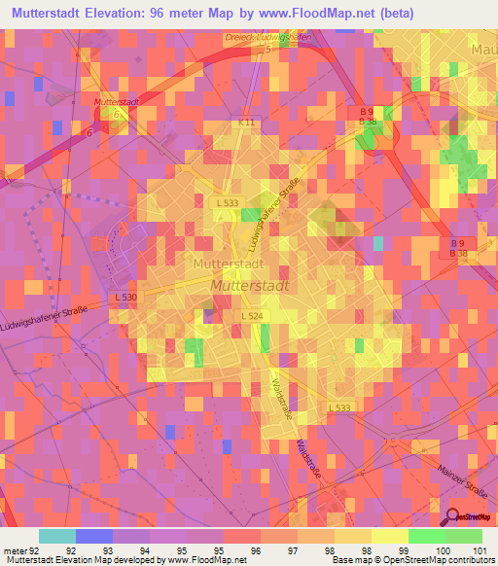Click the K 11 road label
249,124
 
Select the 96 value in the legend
254,548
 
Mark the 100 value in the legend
444,548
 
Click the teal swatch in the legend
57,536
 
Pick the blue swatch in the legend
93,536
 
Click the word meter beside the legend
14,548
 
